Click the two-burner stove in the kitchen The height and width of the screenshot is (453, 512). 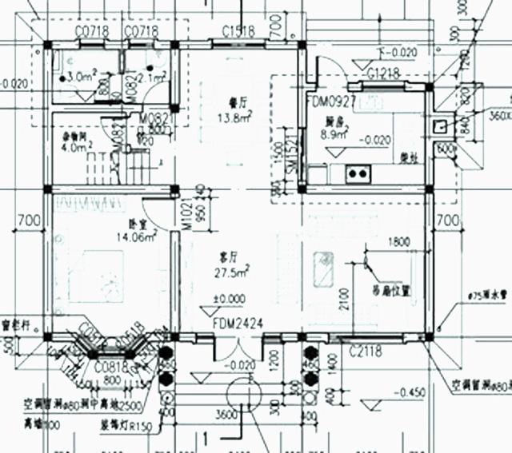pos(357,172)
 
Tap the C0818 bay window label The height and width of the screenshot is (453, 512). pos(108,366)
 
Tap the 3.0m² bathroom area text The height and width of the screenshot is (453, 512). pos(82,76)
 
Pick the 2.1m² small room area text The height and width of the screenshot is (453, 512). pos(151,77)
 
